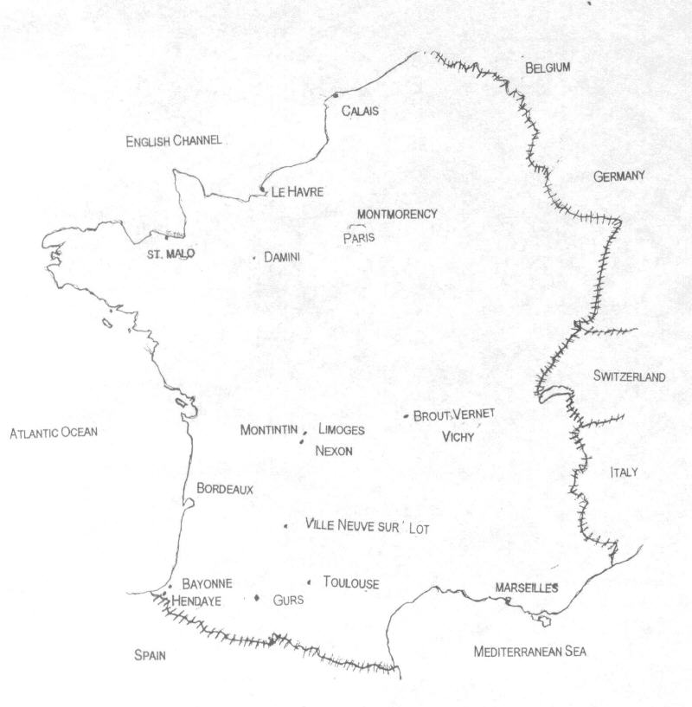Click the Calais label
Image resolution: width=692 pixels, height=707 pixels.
(361, 111)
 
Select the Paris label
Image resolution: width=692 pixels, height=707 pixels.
(359, 239)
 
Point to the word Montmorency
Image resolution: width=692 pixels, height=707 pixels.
(398, 214)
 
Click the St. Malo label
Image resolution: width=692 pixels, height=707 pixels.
(170, 254)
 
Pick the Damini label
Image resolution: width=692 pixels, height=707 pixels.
(281, 257)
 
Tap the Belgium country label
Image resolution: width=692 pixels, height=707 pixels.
(548, 67)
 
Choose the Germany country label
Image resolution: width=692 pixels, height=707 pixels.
(619, 177)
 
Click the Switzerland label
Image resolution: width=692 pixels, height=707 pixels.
(629, 376)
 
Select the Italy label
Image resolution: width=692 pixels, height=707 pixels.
(623, 472)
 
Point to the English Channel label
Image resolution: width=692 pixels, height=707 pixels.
(174, 140)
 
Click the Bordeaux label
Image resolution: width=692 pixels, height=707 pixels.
(225, 489)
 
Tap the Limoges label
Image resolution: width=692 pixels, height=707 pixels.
(342, 430)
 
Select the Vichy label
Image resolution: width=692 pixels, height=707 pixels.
(458, 437)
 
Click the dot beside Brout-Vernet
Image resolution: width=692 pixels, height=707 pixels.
(406, 416)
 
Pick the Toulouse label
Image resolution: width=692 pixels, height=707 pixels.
(350, 583)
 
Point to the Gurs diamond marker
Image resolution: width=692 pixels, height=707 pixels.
(257, 599)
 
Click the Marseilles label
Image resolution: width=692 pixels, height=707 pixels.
(526, 588)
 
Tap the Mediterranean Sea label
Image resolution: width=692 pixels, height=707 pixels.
(529, 652)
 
